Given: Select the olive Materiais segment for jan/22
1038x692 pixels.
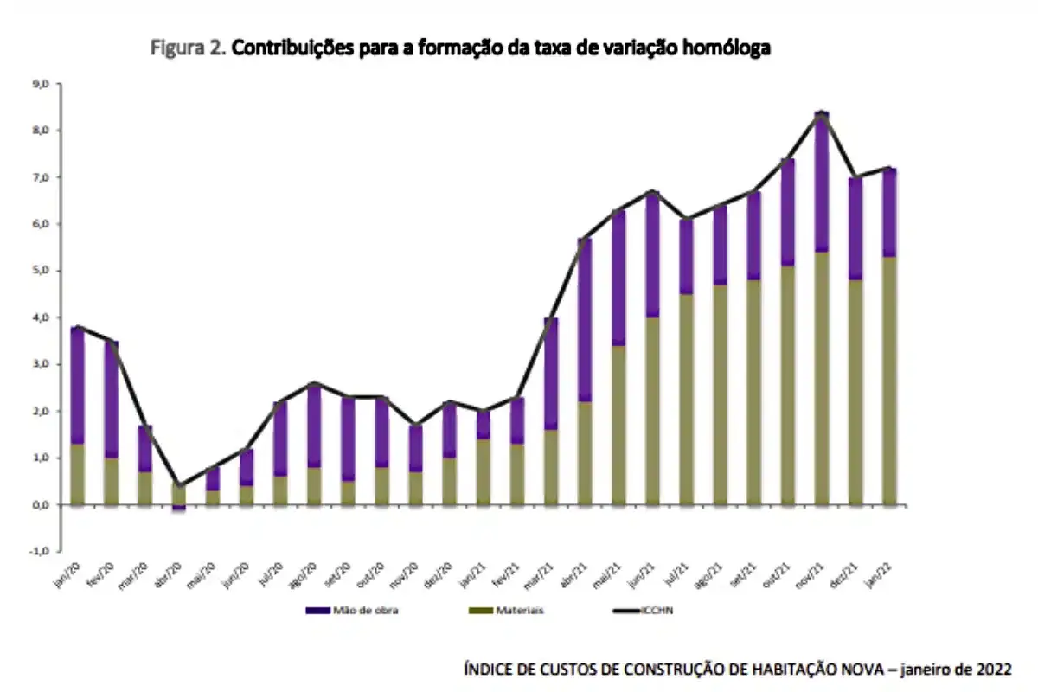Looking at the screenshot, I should (889, 381).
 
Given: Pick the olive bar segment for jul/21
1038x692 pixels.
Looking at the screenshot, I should (687, 398).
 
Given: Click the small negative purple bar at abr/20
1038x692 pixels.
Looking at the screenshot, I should (179, 508).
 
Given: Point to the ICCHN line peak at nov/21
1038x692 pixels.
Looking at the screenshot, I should (822, 112).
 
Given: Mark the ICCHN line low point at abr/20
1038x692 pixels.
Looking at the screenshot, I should (179, 485).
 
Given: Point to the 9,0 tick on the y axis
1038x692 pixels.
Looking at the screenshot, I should (40, 84).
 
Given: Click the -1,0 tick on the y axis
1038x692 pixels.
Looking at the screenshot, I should (39, 551).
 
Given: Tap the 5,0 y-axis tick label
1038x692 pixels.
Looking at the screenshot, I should (40, 271).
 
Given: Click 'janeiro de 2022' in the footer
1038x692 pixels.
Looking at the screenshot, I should (954, 669).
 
